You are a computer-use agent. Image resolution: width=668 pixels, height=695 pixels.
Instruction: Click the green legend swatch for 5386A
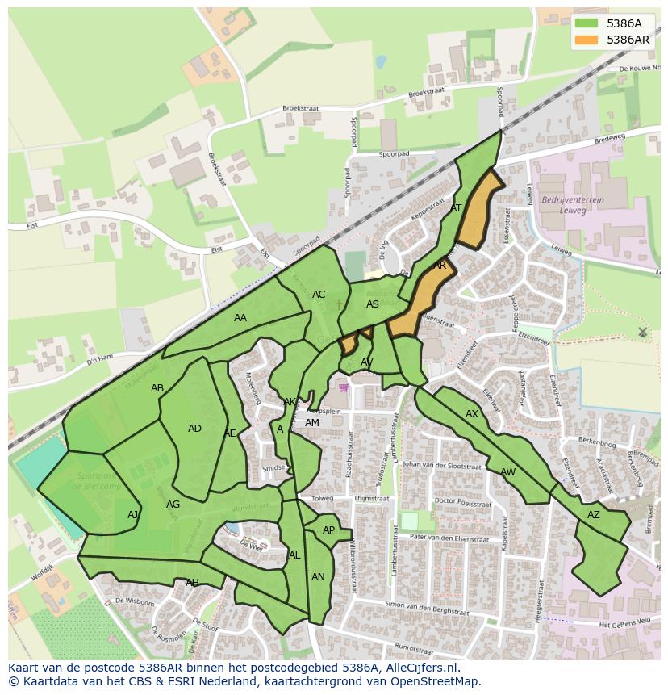[x=587, y=24]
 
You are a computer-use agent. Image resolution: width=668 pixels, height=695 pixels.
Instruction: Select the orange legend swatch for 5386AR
[x=587, y=40]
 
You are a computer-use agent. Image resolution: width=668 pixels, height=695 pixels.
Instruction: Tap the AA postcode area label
[x=240, y=318]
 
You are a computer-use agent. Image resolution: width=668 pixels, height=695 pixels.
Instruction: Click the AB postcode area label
[x=157, y=388]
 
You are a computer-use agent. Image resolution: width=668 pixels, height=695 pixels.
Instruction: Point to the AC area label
[x=319, y=295]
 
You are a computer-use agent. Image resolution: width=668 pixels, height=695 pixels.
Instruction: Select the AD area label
[x=194, y=429]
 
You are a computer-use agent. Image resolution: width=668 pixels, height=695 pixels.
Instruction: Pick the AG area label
[x=173, y=505]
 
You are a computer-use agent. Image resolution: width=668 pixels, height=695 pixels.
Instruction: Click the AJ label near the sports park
[x=133, y=515]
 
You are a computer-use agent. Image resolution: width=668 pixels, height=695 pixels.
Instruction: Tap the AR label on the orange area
[x=440, y=265]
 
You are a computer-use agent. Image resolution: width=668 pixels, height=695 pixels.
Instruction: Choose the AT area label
[x=456, y=208]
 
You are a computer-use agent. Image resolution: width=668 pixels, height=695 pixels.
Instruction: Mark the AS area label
[x=373, y=304]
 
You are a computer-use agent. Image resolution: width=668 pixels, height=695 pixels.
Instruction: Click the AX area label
[x=472, y=414]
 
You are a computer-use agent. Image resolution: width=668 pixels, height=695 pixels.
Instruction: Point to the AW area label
[x=507, y=472]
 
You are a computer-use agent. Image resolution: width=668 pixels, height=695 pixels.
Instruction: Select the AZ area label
[x=594, y=515]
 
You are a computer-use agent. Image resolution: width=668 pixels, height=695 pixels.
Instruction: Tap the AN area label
[x=318, y=577]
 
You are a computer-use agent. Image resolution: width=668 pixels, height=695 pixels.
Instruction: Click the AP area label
[x=328, y=530]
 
